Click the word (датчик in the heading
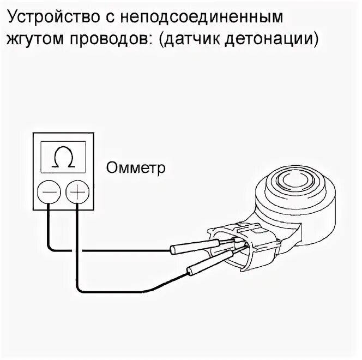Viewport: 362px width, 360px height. coord(200,39)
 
